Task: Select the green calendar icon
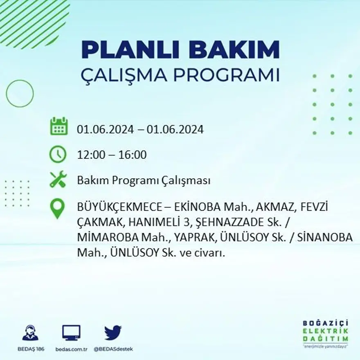[59, 126]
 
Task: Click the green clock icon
[58, 154]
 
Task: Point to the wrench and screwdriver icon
[58, 180]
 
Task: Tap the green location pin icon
[57, 208]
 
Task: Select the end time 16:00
[133, 155]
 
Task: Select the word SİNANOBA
[327, 238]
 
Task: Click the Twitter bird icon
[112, 333]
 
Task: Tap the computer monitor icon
[71, 333]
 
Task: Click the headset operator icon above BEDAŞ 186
[30, 333]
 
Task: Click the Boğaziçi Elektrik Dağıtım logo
[326, 333]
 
